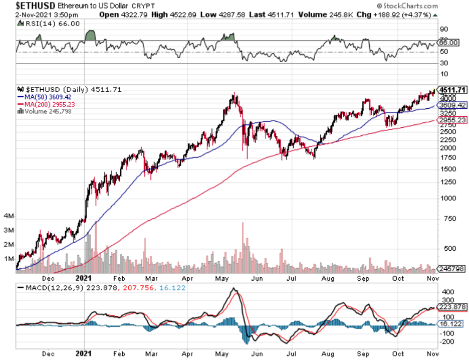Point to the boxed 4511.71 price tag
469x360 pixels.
coord(452,90)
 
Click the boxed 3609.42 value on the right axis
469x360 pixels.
coord(452,105)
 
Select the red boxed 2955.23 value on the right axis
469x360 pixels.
coord(452,120)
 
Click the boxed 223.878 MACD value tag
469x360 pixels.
coord(452,307)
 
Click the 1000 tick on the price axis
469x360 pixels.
coord(448,198)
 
